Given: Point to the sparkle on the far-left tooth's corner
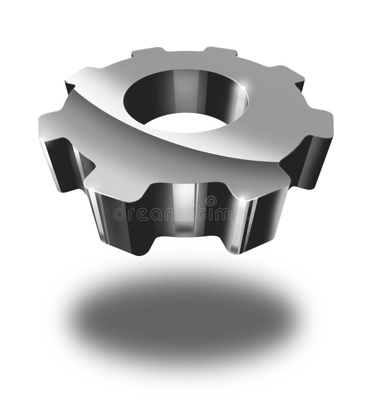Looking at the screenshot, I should coord(42,139).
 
